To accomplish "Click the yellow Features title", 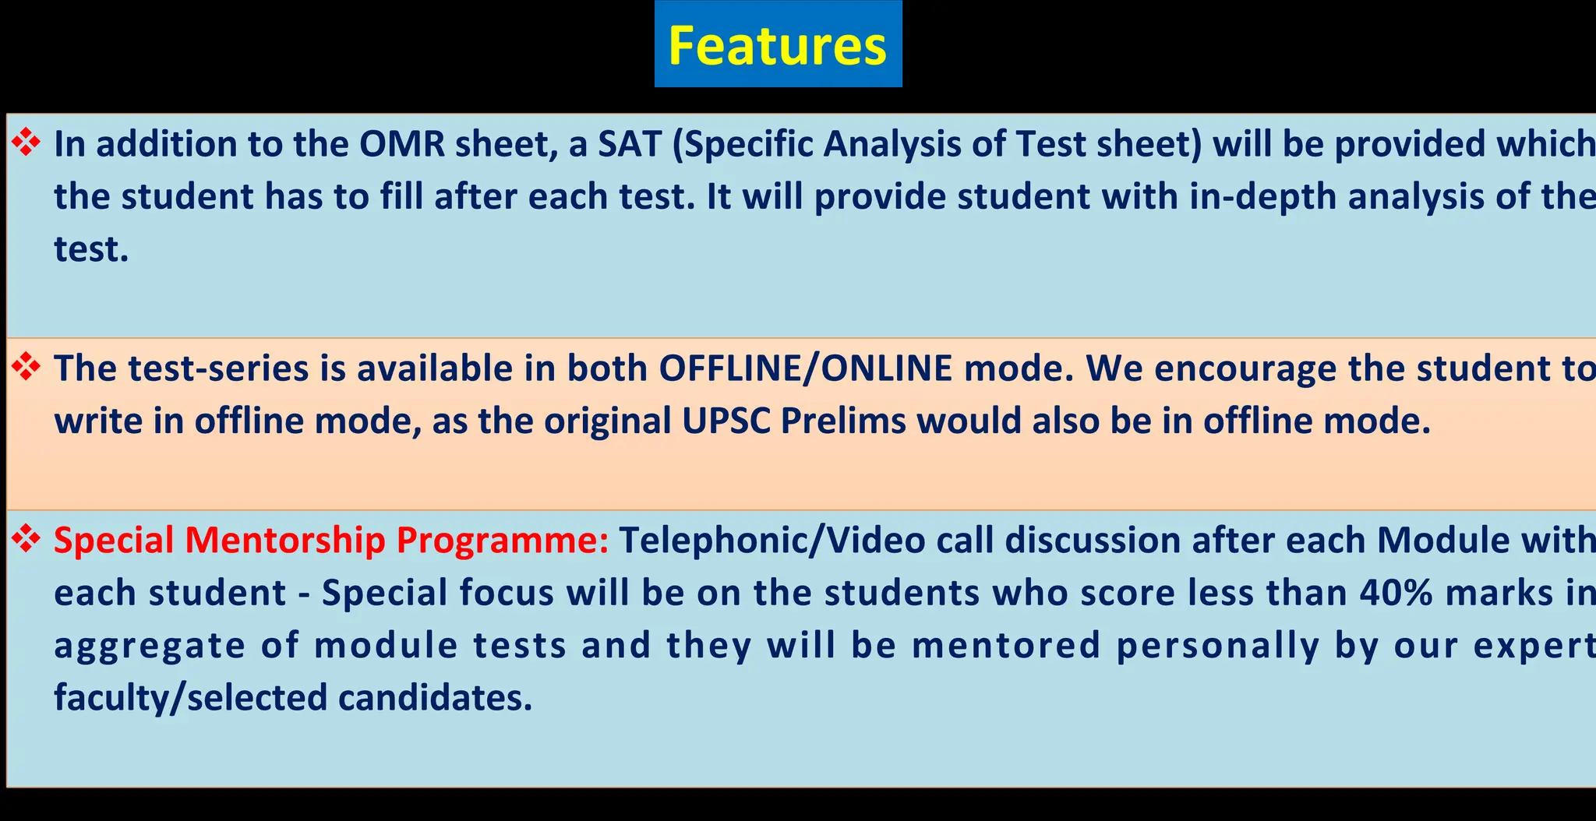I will click(x=777, y=45).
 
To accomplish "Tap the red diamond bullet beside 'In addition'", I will click(x=26, y=143).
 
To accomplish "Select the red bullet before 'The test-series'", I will click(x=26, y=367).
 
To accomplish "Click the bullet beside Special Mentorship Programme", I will click(x=26, y=539).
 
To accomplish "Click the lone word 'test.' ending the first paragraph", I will click(x=90, y=249).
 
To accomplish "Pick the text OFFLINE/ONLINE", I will click(x=806, y=368).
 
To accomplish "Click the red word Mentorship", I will click(x=284, y=541).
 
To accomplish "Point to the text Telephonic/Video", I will click(x=772, y=541).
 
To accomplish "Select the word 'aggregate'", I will click(x=150, y=647).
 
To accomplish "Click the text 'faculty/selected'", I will click(x=190, y=697).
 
